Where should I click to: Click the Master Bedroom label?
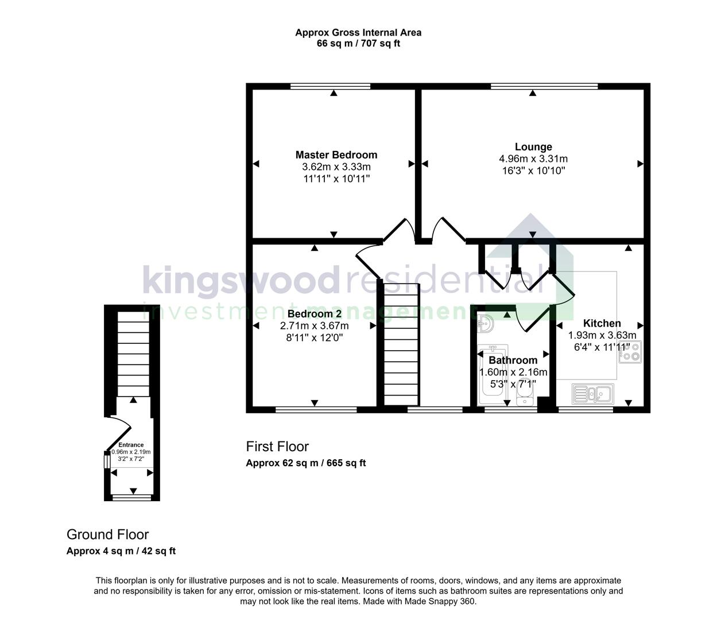[336, 154]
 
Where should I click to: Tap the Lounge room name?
[533, 147]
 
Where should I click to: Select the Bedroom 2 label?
[315, 314]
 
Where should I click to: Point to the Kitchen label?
[602, 323]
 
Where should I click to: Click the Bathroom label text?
[513, 361]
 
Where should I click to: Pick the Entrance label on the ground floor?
[131, 445]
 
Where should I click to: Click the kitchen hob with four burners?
[630, 351]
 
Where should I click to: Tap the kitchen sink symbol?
[593, 394]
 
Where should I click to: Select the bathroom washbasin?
[485, 324]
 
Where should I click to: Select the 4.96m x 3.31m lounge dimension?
[533, 159]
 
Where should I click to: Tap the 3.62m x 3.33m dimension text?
[336, 167]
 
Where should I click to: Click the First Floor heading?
[277, 447]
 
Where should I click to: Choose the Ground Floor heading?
[107, 534]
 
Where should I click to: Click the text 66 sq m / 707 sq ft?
[358, 44]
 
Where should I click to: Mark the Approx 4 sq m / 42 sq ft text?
[121, 551]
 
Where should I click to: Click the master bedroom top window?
[330, 87]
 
